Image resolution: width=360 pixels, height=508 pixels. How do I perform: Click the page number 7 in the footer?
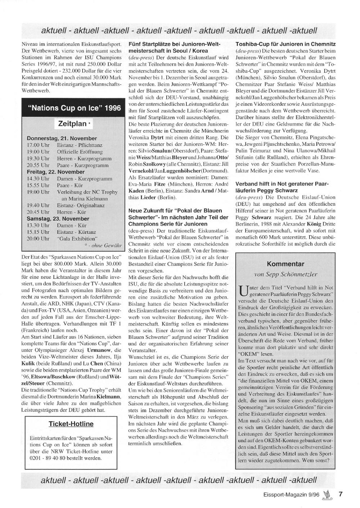pos(340,494)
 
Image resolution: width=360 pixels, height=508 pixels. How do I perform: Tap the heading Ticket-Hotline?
pos(71,424)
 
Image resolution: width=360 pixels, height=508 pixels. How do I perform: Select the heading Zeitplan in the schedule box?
pos(72,124)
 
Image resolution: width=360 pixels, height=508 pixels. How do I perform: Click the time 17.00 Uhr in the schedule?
pos(38,145)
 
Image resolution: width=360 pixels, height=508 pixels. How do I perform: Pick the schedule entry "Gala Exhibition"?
pos(77,239)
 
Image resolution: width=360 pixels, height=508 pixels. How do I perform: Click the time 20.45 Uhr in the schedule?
pos(38,212)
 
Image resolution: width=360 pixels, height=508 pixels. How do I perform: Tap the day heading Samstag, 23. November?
pos(58,219)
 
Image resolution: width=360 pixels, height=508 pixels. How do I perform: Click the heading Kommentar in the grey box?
pos(286,264)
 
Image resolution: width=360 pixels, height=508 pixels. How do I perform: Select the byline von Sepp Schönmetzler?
pos(286,274)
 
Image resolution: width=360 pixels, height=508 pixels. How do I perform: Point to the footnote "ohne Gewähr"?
pos(103,245)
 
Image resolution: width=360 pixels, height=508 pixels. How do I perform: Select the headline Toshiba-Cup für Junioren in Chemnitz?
pos(285,44)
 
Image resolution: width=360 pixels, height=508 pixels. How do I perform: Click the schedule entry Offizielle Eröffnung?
pos(80,152)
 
